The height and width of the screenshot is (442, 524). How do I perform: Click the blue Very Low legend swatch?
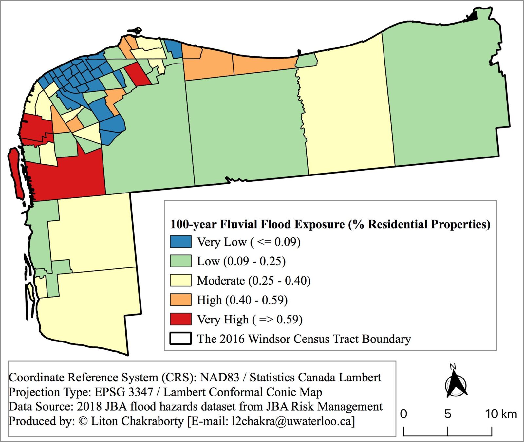[180, 242]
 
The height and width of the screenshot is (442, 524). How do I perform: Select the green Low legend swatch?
[180, 261]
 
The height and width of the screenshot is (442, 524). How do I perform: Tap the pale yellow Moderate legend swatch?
[180, 280]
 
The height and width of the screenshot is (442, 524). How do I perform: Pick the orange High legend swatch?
[180, 300]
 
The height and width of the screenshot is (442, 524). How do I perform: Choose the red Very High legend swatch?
[180, 319]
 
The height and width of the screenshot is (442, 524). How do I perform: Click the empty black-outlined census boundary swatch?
[180, 339]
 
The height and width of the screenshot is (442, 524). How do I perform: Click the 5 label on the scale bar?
[448, 414]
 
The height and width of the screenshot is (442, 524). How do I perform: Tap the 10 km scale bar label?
[501, 414]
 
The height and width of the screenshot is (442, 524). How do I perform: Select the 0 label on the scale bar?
[404, 414]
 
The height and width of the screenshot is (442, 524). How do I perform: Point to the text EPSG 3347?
[124, 392]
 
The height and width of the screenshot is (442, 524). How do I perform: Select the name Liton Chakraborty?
[137, 421]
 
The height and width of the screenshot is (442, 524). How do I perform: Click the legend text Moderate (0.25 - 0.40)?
[253, 281]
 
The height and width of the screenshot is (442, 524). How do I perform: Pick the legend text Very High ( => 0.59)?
[250, 319]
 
